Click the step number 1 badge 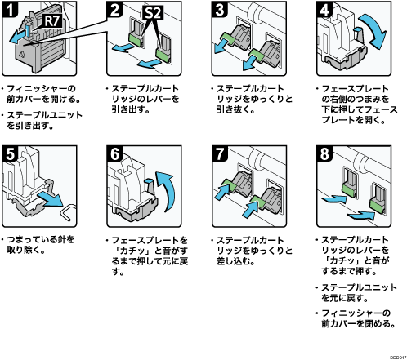click(10, 9)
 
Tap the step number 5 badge click(10, 153)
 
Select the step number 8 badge click(324, 153)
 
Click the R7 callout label click(52, 20)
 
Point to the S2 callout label click(154, 12)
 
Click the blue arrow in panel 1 click(19, 37)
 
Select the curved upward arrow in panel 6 click(168, 190)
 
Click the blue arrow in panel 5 click(51, 200)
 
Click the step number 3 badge click(220, 9)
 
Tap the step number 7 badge click(220, 153)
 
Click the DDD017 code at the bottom click(398, 358)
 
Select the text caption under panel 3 click(252, 99)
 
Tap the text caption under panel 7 click(252, 251)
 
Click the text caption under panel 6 click(147, 256)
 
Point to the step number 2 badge click(115, 9)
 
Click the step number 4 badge click(324, 9)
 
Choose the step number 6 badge click(115, 153)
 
